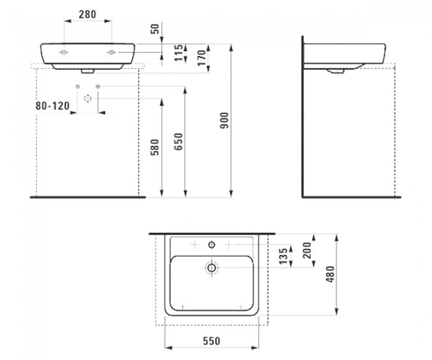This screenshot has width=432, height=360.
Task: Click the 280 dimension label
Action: point(88,14)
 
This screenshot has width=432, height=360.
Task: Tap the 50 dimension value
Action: point(156,29)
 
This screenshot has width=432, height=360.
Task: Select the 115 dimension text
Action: point(179,53)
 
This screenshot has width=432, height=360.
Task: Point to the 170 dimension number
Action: point(202,58)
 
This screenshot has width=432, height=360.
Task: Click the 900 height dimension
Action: point(225,121)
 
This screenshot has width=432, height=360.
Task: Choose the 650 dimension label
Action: point(178,142)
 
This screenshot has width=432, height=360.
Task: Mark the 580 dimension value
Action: point(155,147)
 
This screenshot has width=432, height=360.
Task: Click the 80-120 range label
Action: point(53,106)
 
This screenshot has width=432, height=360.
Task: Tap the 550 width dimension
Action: point(212,341)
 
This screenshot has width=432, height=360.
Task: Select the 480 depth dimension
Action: point(330,274)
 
